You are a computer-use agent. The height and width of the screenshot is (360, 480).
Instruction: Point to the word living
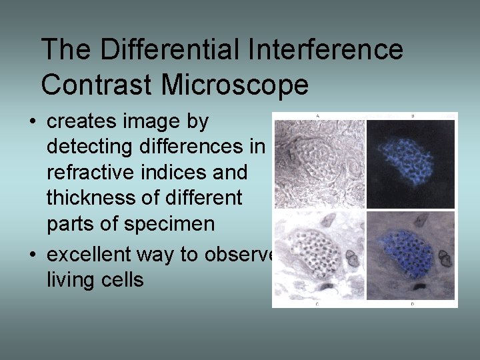coord(67,279)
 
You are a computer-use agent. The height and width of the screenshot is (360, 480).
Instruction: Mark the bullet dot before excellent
coord(32,255)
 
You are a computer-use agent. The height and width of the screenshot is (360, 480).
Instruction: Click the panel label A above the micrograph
coord(317,116)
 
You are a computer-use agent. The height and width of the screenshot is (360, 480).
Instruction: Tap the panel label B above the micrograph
coord(412,116)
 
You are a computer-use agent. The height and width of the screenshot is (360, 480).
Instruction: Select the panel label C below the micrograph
coord(317,304)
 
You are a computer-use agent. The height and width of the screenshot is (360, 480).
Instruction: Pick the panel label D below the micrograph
coord(412,304)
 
